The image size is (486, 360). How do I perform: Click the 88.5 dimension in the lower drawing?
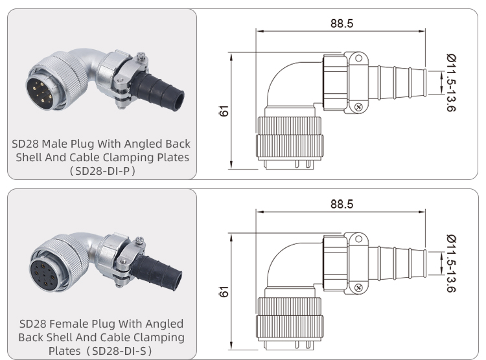[341, 203]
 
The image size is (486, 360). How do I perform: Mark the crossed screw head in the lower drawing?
[356, 287]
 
